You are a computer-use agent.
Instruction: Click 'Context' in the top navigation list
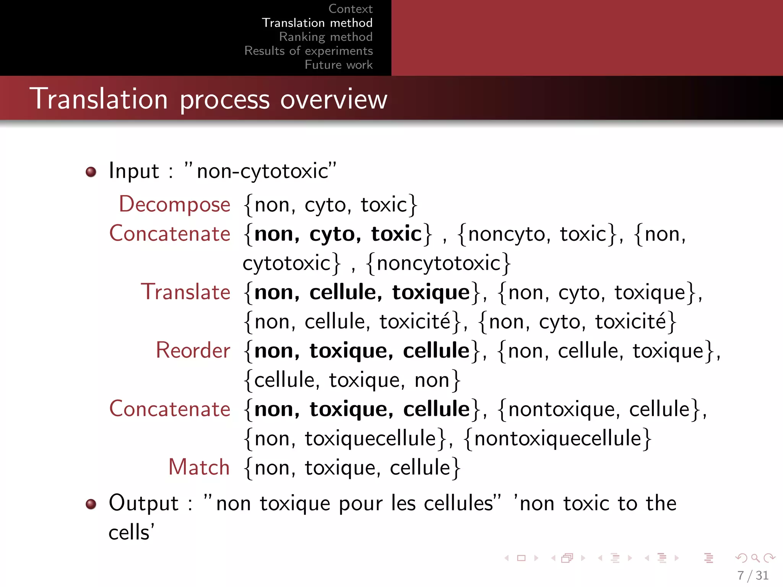click(350, 9)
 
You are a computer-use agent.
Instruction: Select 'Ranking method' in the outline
click(326, 37)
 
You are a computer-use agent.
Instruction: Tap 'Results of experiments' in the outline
click(309, 51)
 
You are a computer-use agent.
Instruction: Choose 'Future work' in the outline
click(338, 65)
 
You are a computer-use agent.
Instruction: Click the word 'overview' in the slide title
click(334, 99)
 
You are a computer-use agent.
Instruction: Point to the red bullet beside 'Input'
click(91, 172)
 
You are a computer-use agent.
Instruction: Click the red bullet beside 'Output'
click(91, 504)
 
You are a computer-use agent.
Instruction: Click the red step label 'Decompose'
click(175, 204)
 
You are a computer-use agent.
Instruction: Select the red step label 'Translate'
click(186, 292)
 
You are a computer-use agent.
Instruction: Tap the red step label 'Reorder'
click(193, 350)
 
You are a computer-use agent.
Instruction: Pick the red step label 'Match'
click(199, 467)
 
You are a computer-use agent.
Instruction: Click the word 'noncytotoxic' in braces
click(439, 263)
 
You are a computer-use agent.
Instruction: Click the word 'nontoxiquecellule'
click(557, 438)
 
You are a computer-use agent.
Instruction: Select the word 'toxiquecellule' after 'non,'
click(370, 438)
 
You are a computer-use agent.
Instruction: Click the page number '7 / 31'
click(752, 575)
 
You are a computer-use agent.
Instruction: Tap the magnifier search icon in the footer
click(755, 558)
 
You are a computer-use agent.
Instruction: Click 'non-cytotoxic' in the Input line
click(262, 171)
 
